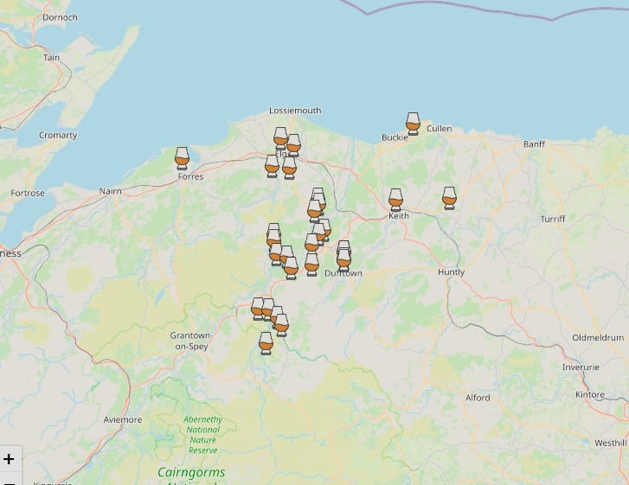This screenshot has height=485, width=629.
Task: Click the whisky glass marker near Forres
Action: coord(182,157)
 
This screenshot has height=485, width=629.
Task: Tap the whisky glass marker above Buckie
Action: coord(413,123)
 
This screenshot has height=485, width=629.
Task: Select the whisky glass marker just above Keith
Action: coord(395,199)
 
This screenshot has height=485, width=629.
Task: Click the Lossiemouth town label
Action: coord(295,111)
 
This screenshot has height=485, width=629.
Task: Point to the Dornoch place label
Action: coord(60,17)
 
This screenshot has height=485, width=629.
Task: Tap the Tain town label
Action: coord(52,58)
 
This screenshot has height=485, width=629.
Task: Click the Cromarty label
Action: coord(58,136)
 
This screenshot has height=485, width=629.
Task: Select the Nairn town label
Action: coord(111,190)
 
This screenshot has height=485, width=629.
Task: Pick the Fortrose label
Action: coord(28,194)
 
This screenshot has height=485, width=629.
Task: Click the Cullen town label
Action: coord(439,129)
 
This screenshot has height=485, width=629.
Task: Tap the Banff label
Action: coord(534,144)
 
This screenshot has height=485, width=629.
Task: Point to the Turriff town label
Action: coord(553,220)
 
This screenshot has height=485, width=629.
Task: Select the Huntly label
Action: coord(451,272)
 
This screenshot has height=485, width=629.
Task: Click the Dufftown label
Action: coord(343,273)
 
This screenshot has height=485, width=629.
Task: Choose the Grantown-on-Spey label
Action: coord(190,341)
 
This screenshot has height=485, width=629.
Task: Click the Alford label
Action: coord(478,399)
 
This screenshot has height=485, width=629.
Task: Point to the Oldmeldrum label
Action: coord(598,337)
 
